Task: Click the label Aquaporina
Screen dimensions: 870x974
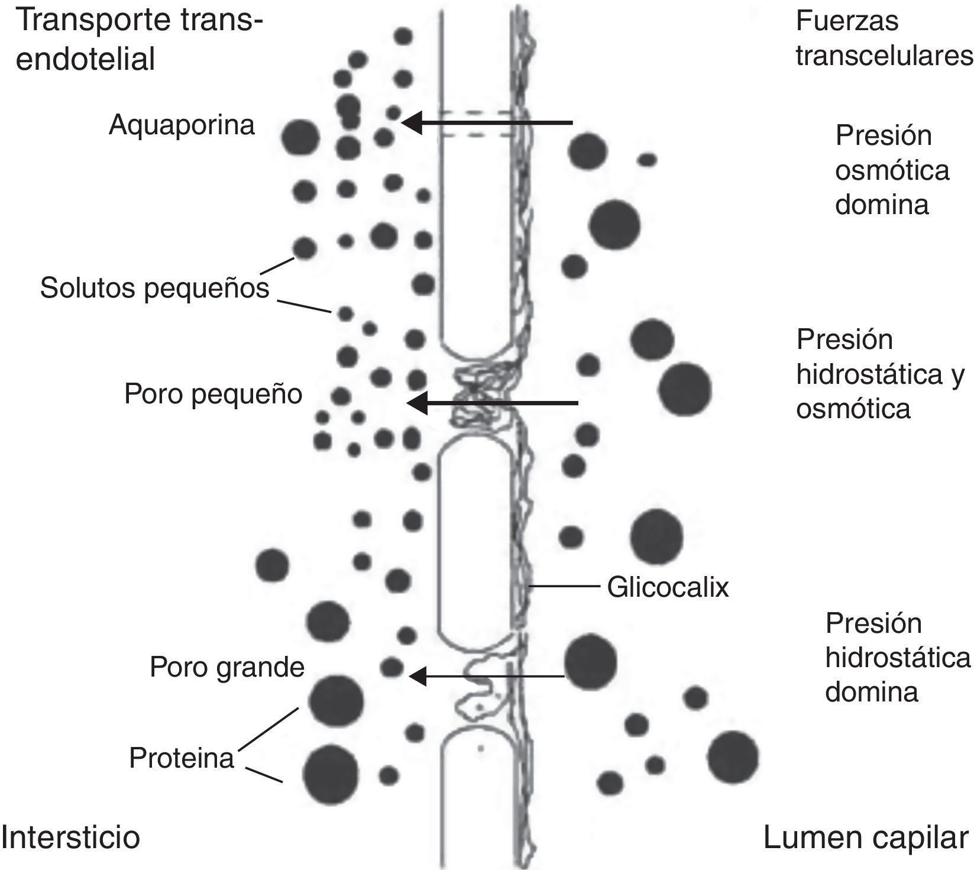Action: pyautogui.click(x=182, y=125)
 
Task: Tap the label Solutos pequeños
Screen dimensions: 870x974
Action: pyautogui.click(x=154, y=288)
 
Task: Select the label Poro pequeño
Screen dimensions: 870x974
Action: pyautogui.click(x=213, y=394)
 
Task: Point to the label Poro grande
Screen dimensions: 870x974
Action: pyautogui.click(x=226, y=667)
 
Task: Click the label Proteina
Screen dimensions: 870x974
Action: pyautogui.click(x=182, y=758)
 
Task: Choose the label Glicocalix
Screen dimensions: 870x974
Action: pyautogui.click(x=668, y=587)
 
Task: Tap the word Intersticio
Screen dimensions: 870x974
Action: pyautogui.click(x=71, y=837)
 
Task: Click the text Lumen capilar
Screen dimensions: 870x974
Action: pyautogui.click(x=866, y=837)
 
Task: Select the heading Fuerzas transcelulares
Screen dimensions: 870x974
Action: pyautogui.click(x=884, y=38)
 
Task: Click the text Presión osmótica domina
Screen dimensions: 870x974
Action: pyautogui.click(x=891, y=170)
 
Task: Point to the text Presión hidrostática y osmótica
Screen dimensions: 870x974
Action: pyautogui.click(x=880, y=374)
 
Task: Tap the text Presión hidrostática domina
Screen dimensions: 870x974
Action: pyautogui.click(x=897, y=658)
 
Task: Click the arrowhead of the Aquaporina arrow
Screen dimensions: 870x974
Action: pyautogui.click(x=413, y=122)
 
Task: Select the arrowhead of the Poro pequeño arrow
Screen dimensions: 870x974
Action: pyautogui.click(x=417, y=403)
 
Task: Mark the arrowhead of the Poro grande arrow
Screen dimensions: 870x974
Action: pyautogui.click(x=418, y=676)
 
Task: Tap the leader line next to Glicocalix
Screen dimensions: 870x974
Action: pyautogui.click(x=562, y=587)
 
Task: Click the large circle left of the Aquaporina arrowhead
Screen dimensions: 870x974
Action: pyautogui.click(x=300, y=137)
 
